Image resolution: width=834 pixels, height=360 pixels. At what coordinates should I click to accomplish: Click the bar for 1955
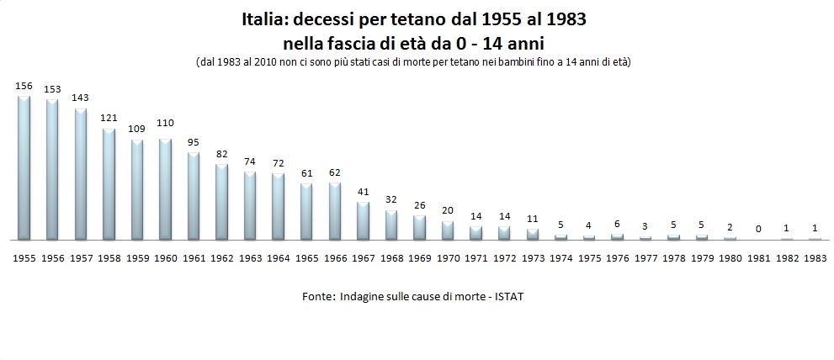pos(24,168)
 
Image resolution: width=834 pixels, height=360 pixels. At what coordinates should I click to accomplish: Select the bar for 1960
pos(165,189)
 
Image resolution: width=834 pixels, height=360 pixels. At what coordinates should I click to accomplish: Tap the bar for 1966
pos(335,211)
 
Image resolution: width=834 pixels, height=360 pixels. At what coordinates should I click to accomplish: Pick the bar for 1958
pos(109,184)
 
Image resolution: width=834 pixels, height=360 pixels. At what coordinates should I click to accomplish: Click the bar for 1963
pos(250,206)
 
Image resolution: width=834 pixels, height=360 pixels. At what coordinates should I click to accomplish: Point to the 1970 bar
pos(448,230)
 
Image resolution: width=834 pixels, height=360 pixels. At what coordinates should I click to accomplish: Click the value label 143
pos(80,98)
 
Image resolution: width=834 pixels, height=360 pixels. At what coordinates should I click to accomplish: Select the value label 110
pos(165,123)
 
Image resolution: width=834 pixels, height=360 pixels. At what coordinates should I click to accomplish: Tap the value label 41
pos(363,191)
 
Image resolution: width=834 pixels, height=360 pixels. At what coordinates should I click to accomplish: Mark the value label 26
pos(419,204)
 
